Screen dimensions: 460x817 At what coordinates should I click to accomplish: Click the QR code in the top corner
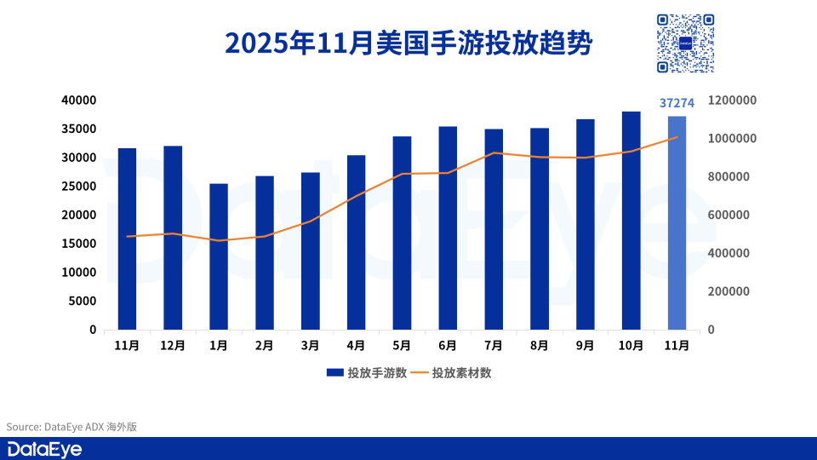(684, 43)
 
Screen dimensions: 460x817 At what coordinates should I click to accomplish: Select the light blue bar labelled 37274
(677, 223)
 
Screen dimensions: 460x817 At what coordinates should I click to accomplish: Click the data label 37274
(677, 103)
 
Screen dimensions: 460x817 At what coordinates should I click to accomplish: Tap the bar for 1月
(219, 256)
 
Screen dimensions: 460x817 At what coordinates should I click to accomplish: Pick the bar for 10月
(631, 221)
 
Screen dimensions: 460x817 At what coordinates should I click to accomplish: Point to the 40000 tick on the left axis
(79, 100)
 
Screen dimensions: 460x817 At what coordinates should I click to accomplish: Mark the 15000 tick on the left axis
(79, 244)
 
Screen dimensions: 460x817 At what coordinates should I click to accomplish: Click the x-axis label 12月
(173, 345)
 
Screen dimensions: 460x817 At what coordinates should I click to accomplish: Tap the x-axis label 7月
(494, 345)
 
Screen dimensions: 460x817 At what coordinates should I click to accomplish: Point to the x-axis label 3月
(311, 345)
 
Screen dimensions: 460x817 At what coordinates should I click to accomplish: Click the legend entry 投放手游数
(367, 372)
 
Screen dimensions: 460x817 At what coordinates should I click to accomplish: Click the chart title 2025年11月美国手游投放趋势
(408, 43)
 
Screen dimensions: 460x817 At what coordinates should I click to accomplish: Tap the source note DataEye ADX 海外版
(71, 427)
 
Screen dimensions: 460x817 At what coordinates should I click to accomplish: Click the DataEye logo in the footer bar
(44, 449)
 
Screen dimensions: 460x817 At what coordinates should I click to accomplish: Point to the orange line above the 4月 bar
(357, 196)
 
